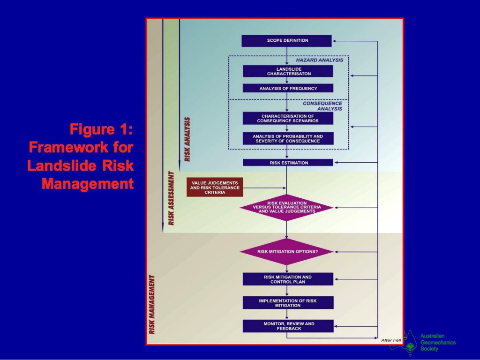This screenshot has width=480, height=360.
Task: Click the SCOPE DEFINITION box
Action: pyautogui.click(x=287, y=41)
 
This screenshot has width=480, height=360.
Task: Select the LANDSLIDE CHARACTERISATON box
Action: pyautogui.click(x=288, y=71)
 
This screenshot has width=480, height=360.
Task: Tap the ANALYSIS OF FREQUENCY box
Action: pyautogui.click(x=288, y=88)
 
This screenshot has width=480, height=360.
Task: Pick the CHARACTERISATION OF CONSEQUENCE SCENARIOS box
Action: pyautogui.click(x=288, y=118)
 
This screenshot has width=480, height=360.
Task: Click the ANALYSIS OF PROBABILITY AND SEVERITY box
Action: pyautogui.click(x=288, y=139)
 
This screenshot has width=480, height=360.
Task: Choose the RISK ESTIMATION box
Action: pyautogui.click(x=288, y=163)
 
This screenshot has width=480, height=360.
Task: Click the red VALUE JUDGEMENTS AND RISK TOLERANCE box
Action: pyautogui.click(x=215, y=187)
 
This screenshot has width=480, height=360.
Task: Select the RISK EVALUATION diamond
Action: pyautogui.click(x=287, y=207)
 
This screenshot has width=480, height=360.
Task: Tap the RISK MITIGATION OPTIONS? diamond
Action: pyautogui.click(x=287, y=251)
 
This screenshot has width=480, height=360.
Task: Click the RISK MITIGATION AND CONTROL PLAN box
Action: pyautogui.click(x=288, y=279)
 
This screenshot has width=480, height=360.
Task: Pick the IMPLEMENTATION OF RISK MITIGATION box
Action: pyautogui.click(x=288, y=303)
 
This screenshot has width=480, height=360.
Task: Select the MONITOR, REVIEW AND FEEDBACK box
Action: pyautogui.click(x=288, y=326)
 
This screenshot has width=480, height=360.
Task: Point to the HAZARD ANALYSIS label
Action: pyautogui.click(x=319, y=60)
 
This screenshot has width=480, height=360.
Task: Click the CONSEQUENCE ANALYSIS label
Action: pyautogui.click(x=323, y=106)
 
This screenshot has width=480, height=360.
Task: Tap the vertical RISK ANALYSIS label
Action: pyautogui.click(x=187, y=139)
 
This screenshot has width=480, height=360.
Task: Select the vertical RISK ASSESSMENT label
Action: pyautogui.click(x=171, y=198)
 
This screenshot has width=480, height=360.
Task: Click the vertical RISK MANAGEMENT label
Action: pyautogui.click(x=152, y=304)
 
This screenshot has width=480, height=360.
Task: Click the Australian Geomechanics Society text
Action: pyautogui.click(x=437, y=342)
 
